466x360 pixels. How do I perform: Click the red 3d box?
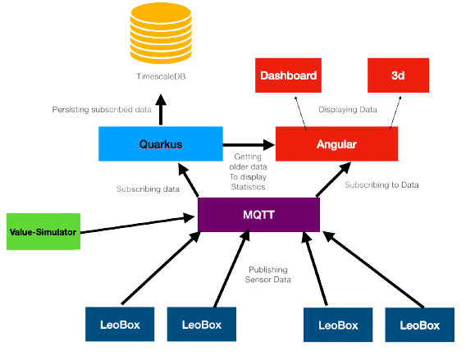397,75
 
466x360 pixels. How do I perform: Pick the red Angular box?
336,144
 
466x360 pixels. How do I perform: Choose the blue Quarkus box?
160,144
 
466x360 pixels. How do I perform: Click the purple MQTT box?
258,214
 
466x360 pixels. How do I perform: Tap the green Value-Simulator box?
43,232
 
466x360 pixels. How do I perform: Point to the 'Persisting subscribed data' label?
98,109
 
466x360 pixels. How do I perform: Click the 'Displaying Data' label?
348,109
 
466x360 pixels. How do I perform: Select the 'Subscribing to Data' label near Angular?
381,185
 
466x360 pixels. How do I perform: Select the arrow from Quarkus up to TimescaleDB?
160,108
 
